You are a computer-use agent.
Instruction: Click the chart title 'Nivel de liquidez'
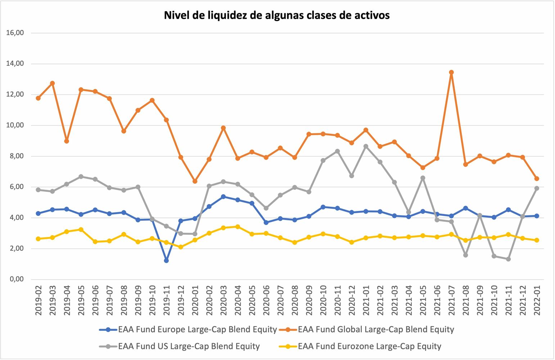pyautogui.click(x=277, y=15)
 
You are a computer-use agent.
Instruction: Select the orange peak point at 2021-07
pyautogui.click(x=451, y=72)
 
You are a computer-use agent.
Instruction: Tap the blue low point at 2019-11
pyautogui.click(x=166, y=260)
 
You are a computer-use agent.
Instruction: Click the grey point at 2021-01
pyautogui.click(x=366, y=147)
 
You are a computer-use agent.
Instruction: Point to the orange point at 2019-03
pyautogui.click(x=52, y=83)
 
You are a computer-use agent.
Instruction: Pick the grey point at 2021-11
pyautogui.click(x=508, y=259)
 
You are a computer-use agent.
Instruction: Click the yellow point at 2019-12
pyautogui.click(x=181, y=247)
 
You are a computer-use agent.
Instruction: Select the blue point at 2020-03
pyautogui.click(x=223, y=197)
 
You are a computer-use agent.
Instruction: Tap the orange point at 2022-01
pyautogui.click(x=537, y=179)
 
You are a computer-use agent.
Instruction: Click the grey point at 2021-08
pyautogui.click(x=465, y=255)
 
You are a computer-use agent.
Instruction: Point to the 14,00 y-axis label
pyautogui.click(x=15, y=64)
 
